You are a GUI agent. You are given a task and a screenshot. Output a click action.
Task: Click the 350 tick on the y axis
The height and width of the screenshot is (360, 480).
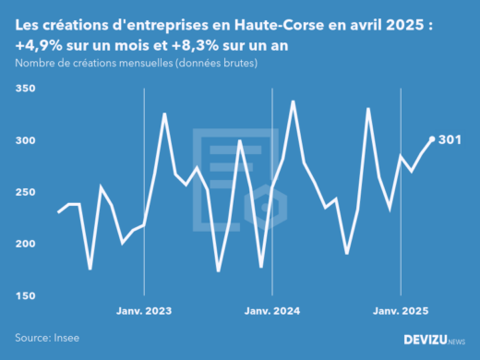pos(24,89)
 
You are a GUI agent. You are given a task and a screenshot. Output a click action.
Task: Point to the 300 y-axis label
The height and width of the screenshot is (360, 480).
pos(24,140)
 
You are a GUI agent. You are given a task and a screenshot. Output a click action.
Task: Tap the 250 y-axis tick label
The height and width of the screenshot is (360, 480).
pos(24,192)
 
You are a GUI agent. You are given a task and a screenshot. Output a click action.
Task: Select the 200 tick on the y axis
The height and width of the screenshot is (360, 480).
pos(24,244)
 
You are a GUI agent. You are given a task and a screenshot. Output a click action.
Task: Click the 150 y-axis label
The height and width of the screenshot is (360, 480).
pos(24,295)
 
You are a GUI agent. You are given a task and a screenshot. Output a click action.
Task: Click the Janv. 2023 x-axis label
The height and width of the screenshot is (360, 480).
pos(146,310)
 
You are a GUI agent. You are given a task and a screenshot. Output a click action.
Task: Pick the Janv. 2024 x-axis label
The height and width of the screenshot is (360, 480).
pos(273,310)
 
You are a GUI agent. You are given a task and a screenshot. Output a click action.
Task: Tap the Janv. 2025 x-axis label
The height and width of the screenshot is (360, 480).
pos(401,310)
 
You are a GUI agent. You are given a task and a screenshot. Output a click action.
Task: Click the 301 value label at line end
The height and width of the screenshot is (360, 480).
pos(450,140)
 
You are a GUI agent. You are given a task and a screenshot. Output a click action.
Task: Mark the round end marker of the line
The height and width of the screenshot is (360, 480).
pos(432,139)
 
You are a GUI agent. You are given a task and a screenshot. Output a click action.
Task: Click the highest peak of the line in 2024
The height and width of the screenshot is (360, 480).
pos(294,102)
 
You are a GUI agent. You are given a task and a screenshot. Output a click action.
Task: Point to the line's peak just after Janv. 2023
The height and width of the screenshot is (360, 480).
pos(164,114)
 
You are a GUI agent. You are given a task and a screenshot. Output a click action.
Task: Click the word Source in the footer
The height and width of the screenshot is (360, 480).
pos(33,338)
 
